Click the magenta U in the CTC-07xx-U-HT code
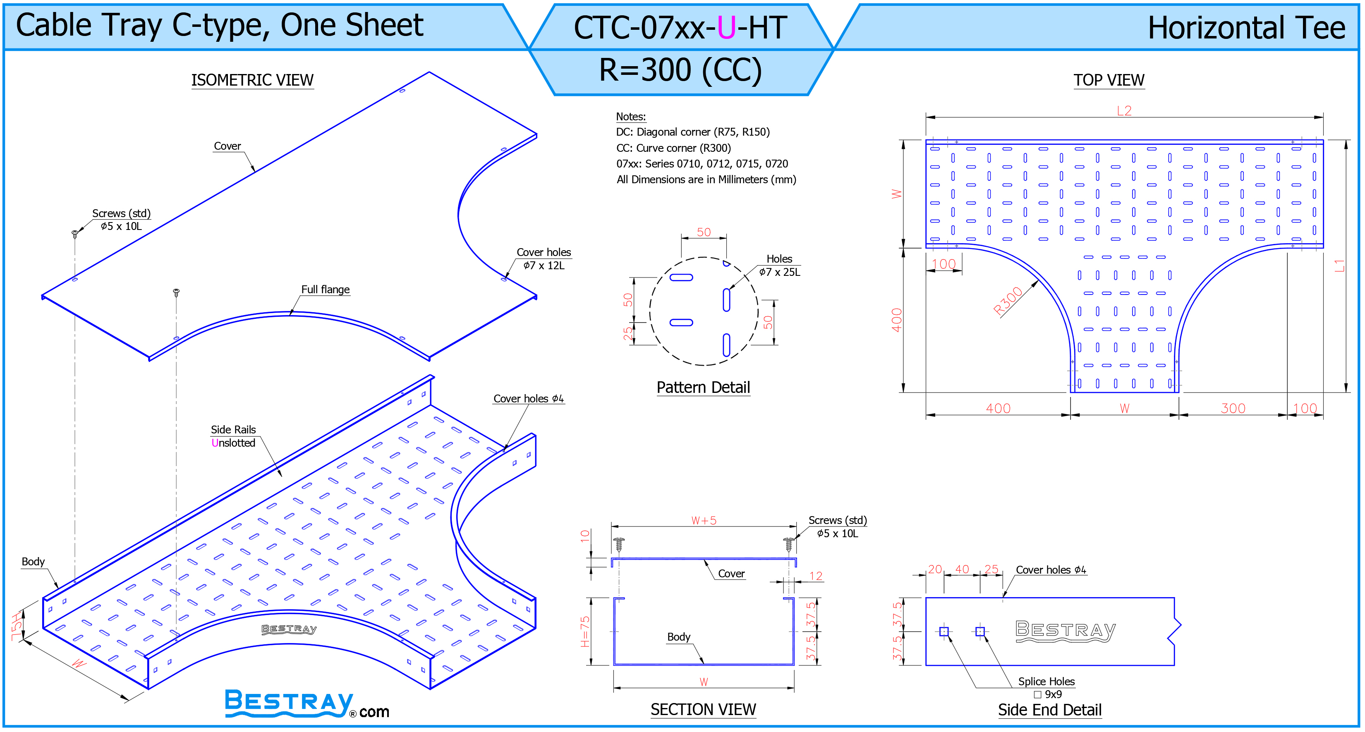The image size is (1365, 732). point(726,28)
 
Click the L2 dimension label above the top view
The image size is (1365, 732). point(1124,111)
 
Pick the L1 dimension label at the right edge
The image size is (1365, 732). point(1340,266)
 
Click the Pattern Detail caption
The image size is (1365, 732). point(703,387)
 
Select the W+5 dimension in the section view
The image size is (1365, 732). point(704,520)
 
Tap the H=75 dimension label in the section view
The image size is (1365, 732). point(585,632)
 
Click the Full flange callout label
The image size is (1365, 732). point(326,289)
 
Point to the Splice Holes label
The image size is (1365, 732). point(1046,681)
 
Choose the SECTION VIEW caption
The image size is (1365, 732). point(703,709)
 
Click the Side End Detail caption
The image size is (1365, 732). point(1050,710)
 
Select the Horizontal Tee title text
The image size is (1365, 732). point(1246,28)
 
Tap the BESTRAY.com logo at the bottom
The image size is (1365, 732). point(307,703)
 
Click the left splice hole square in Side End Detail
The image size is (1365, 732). point(944,632)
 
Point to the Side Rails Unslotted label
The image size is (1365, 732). point(233,436)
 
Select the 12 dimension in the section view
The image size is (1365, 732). point(816,576)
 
